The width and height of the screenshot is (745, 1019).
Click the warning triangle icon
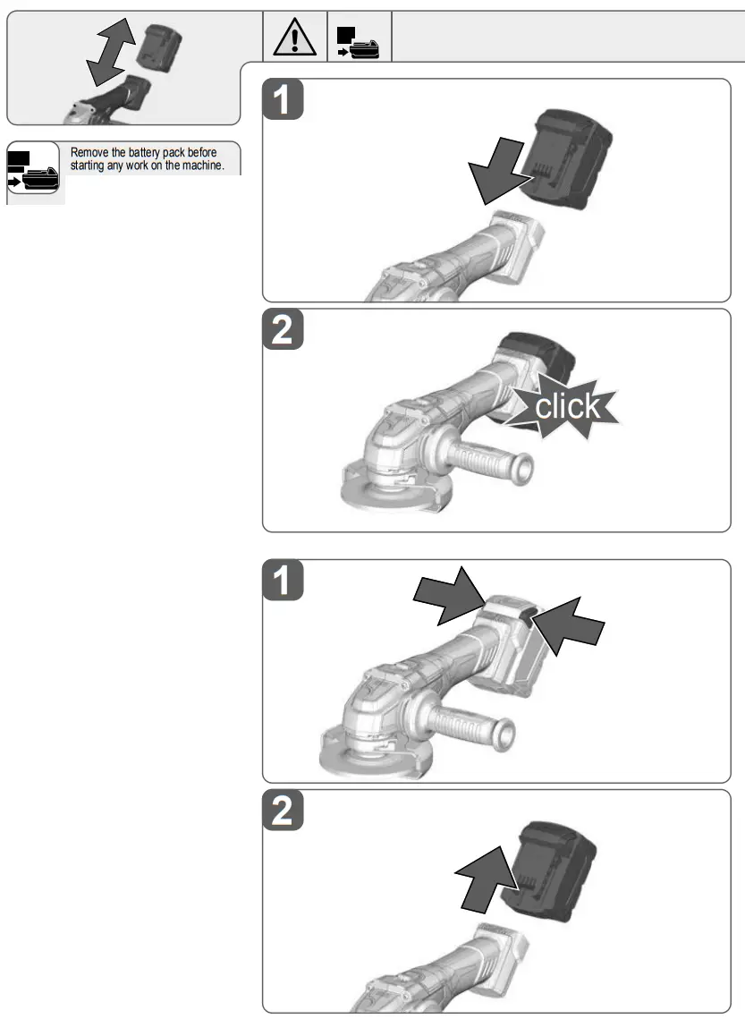[295, 38]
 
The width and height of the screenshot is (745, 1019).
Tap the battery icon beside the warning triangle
[360, 41]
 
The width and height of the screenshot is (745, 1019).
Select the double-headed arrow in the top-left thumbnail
[109, 55]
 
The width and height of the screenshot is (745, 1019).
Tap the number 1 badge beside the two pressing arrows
[283, 582]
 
